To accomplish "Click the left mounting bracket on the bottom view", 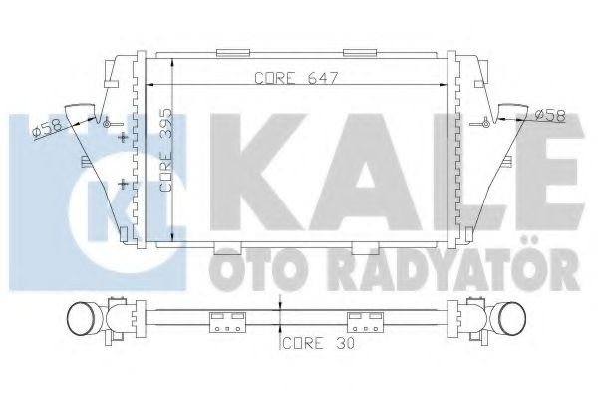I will tap(227, 322).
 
